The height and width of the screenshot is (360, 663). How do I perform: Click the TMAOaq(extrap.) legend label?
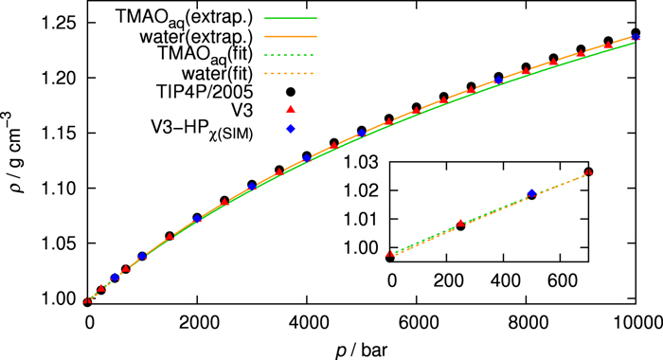click(179, 18)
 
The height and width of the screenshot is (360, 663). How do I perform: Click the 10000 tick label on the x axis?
click(636, 321)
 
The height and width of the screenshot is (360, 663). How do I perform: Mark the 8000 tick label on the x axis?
click(527, 321)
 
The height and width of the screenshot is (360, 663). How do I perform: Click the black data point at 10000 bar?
click(636, 32)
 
